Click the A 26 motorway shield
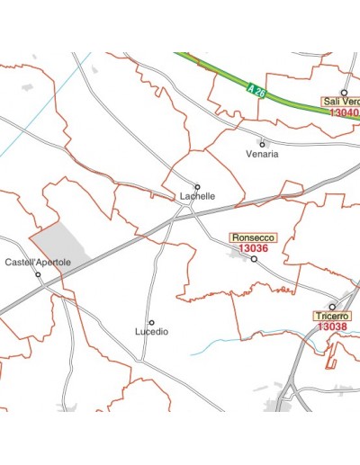(x=255, y=89)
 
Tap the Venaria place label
(x=262, y=154)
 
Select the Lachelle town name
(x=197, y=196)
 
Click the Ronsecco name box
(x=254, y=237)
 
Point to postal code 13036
(x=254, y=248)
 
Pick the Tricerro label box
(x=332, y=317)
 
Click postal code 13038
(x=332, y=327)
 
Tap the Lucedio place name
(x=151, y=332)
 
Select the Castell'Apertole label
(x=38, y=263)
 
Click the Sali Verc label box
(x=341, y=102)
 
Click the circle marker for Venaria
(x=262, y=143)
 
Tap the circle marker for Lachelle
(x=198, y=186)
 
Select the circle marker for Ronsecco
(x=254, y=259)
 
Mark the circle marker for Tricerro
(x=332, y=307)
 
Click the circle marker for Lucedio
(x=151, y=322)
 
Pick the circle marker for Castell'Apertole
(x=38, y=273)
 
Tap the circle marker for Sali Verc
(x=344, y=92)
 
